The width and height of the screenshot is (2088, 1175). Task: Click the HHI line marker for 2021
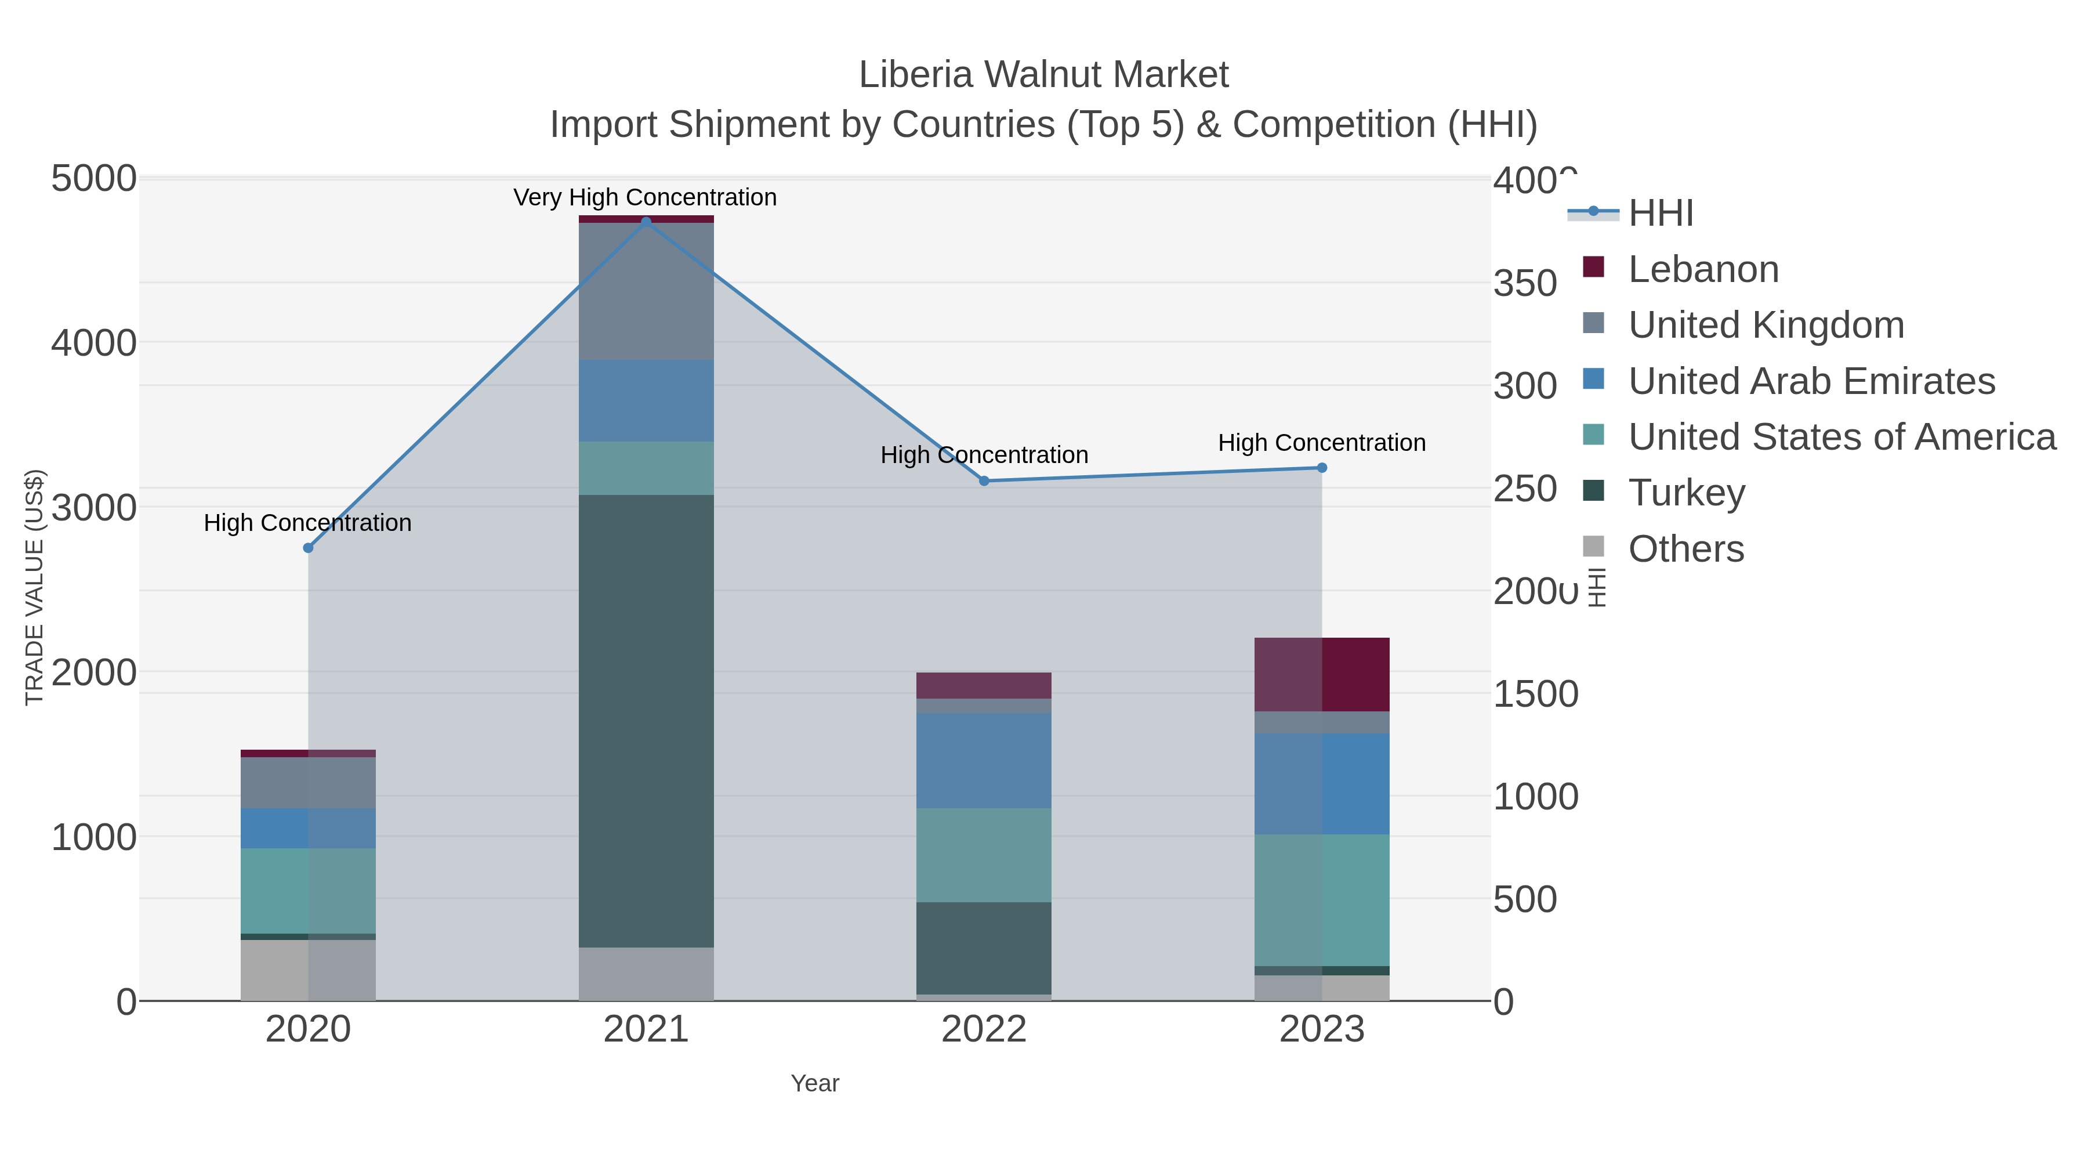click(x=646, y=222)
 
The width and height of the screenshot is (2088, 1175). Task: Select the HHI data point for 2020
click(x=308, y=548)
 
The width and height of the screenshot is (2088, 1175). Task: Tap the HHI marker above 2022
click(x=984, y=481)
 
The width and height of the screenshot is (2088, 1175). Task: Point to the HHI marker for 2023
click(x=1322, y=468)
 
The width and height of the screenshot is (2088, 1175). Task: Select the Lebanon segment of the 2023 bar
click(x=1322, y=675)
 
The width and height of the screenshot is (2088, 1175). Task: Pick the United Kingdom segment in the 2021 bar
click(x=646, y=291)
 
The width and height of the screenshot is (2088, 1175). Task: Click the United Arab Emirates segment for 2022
click(x=984, y=761)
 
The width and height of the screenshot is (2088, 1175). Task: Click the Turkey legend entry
click(x=1686, y=493)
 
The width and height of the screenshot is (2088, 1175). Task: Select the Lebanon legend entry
click(x=1702, y=269)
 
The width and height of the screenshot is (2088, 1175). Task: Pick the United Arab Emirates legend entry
click(x=1811, y=381)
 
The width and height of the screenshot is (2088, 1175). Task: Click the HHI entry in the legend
click(x=1660, y=214)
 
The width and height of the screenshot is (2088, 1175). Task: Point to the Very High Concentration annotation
click(x=645, y=198)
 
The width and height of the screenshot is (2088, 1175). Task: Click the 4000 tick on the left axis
click(x=94, y=343)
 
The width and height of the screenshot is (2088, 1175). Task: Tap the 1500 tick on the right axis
click(x=1535, y=694)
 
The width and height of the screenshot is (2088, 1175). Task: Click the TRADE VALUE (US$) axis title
click(x=35, y=587)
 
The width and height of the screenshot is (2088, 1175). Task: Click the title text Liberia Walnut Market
click(x=1043, y=75)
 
